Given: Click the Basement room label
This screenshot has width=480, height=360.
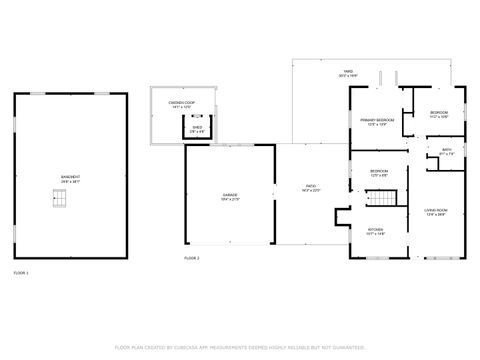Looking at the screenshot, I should point(70,177).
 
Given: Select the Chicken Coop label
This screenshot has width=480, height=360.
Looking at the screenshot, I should point(181,103).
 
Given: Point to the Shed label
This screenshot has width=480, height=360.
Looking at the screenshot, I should point(198,127).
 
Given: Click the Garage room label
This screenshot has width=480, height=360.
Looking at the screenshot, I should point(230,196).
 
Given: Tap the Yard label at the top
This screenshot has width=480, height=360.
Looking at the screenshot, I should point(348,72).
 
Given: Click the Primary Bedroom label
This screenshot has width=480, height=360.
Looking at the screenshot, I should point(377,120).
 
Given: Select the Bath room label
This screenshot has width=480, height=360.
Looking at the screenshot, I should point(447,150).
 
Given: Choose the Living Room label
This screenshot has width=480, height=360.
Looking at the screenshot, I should point(436,210).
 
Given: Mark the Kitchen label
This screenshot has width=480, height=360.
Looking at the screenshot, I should point(376,229).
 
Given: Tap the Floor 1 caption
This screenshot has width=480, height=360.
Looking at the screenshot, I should point(21,272).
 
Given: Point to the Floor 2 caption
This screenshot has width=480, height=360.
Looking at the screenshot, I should point(192,258).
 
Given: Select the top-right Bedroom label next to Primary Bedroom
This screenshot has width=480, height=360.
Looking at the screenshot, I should point(438,113).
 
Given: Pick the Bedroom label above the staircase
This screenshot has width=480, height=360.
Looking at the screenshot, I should point(379,171).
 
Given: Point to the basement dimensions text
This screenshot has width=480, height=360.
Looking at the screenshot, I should point(70,182).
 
